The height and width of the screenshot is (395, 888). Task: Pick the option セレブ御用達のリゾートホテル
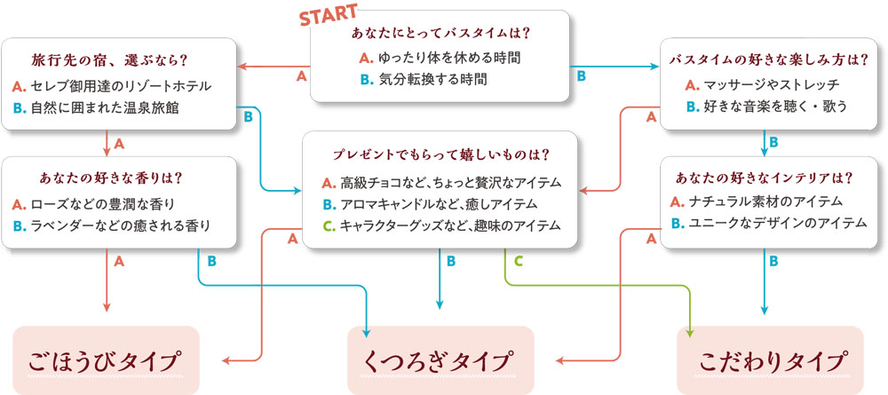click(x=112, y=87)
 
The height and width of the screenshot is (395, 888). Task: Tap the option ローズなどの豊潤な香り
click(x=99, y=203)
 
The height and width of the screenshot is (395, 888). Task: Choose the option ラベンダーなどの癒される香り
click(x=112, y=225)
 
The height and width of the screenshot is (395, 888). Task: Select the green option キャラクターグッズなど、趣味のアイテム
click(x=441, y=226)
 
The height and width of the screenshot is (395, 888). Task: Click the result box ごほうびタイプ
click(x=106, y=360)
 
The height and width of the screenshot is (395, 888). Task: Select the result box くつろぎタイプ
click(x=440, y=360)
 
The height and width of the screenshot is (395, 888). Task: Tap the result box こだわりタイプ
click(x=770, y=360)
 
